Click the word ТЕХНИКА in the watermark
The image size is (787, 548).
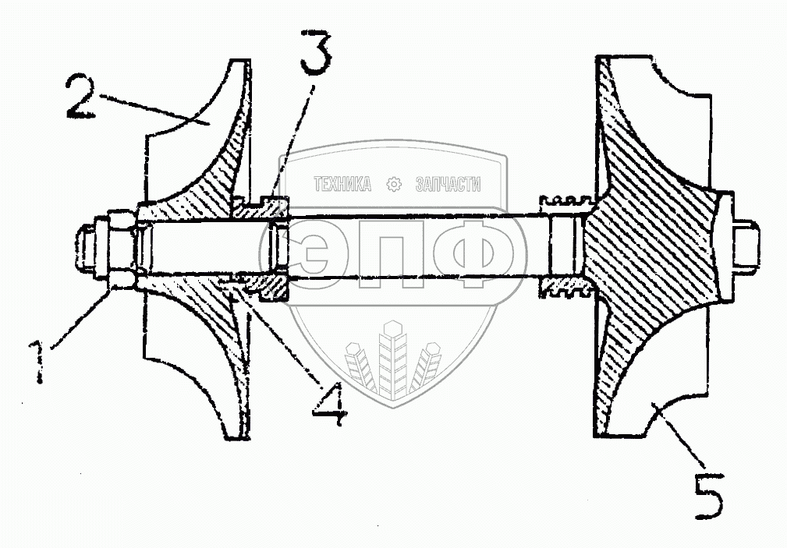(342, 185)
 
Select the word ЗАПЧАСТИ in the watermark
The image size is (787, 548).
(447, 185)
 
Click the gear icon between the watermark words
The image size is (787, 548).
(394, 185)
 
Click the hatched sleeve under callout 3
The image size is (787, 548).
(261, 207)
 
